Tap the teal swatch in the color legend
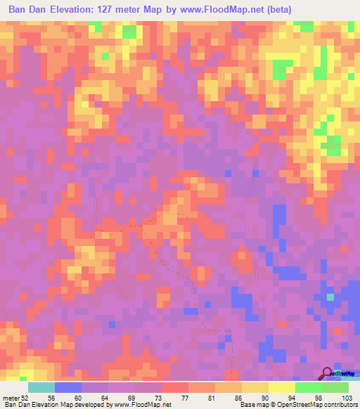(x=41, y=387)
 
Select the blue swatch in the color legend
(x=68, y=387)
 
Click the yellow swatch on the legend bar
(x=255, y=387)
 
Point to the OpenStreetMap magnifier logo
(x=327, y=372)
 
